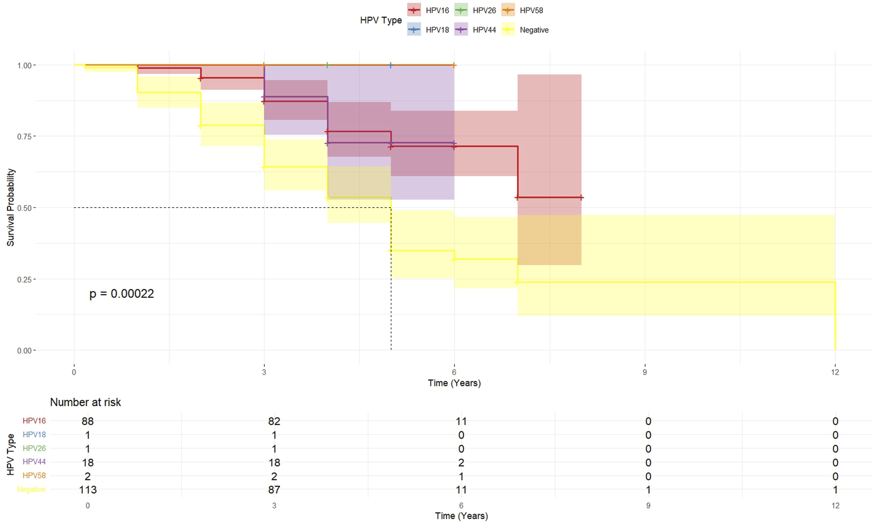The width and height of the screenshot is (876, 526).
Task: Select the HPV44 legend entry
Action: (x=475, y=30)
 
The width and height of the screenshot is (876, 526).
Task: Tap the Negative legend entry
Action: (x=525, y=30)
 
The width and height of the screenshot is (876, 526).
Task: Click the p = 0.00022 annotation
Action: (x=121, y=294)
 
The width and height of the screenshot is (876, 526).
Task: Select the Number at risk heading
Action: (x=85, y=402)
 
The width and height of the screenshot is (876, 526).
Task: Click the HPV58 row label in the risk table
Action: (x=34, y=475)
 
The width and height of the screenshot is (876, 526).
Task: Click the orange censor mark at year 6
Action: (x=454, y=65)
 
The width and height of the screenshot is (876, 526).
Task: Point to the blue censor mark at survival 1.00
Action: (x=391, y=65)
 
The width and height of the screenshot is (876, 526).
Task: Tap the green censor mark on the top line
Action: (x=327, y=65)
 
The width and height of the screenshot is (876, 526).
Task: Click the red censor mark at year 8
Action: (x=581, y=197)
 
